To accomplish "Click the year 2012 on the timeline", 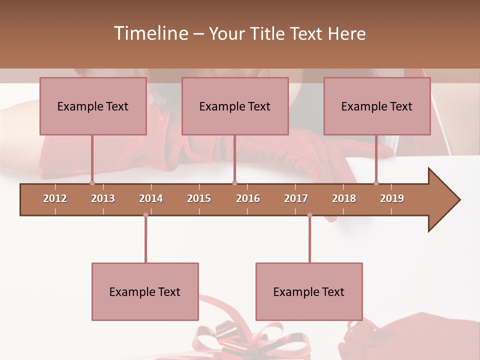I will (x=55, y=198).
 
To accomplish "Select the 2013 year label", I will (x=103, y=198).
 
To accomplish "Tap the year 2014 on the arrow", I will (x=151, y=198).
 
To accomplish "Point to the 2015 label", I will (x=199, y=198).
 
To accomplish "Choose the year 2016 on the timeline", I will (x=248, y=198).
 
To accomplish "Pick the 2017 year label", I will (x=296, y=198).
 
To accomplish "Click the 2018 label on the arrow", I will (x=344, y=198).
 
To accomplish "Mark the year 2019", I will (x=392, y=198).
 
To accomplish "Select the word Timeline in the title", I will (x=151, y=33).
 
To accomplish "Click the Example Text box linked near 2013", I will (x=93, y=106).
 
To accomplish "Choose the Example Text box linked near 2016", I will (x=235, y=106).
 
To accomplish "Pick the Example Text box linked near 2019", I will (x=377, y=106).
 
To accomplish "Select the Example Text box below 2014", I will (x=145, y=291).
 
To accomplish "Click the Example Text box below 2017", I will (x=309, y=291).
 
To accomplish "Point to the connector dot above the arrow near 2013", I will (x=92, y=183).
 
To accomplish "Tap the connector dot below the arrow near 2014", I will (x=145, y=215).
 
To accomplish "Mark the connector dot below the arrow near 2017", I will (x=309, y=215).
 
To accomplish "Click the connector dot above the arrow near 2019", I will (x=376, y=183).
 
